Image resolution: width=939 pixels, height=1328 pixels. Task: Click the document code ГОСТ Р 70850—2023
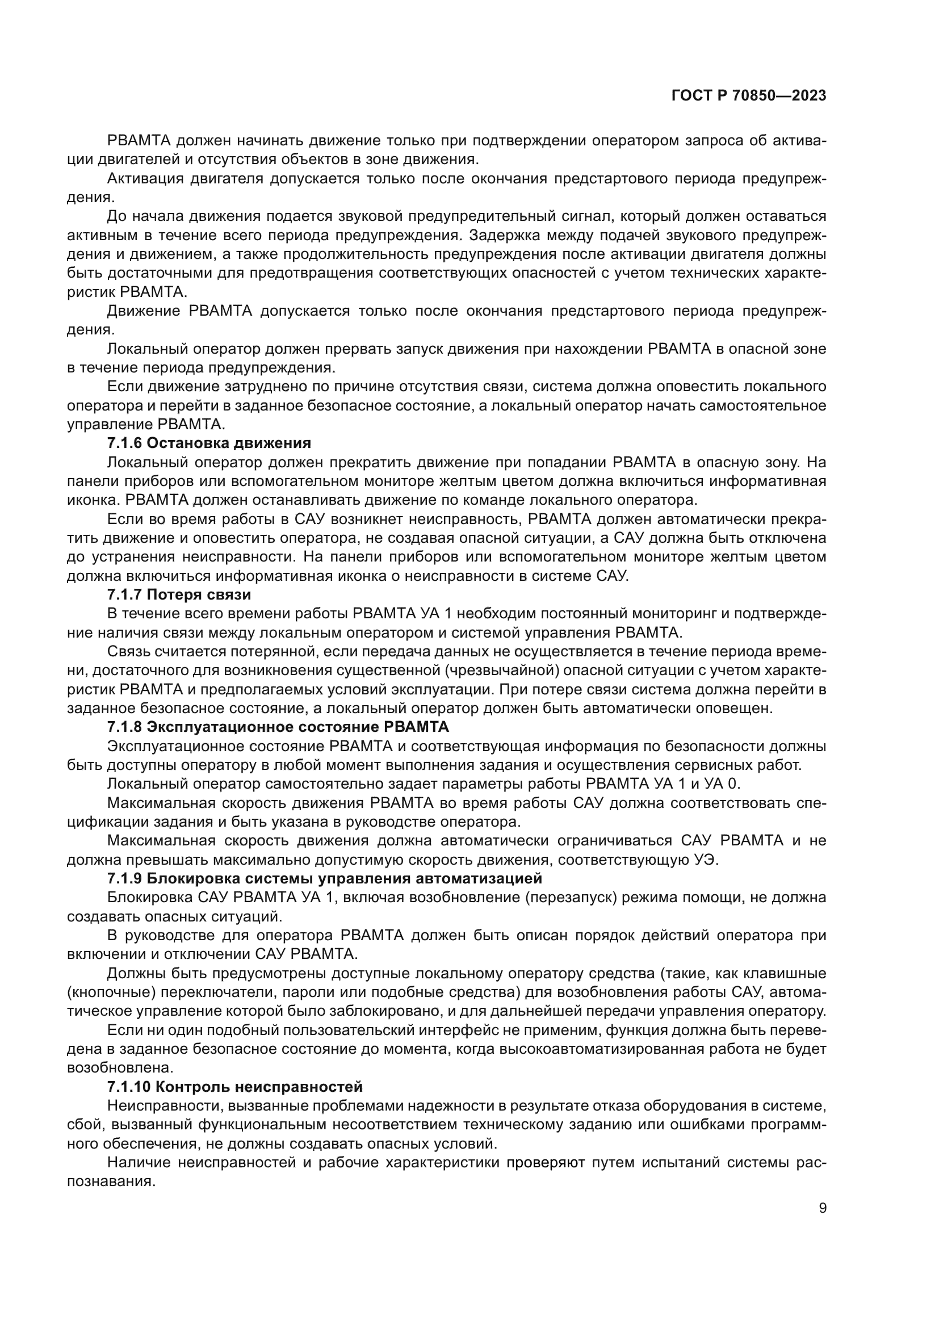(749, 96)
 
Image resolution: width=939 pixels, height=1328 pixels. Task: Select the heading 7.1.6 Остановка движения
(209, 443)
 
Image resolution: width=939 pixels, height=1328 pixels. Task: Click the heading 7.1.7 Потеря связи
(179, 595)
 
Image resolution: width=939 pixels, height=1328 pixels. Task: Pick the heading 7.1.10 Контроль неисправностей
(235, 1088)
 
